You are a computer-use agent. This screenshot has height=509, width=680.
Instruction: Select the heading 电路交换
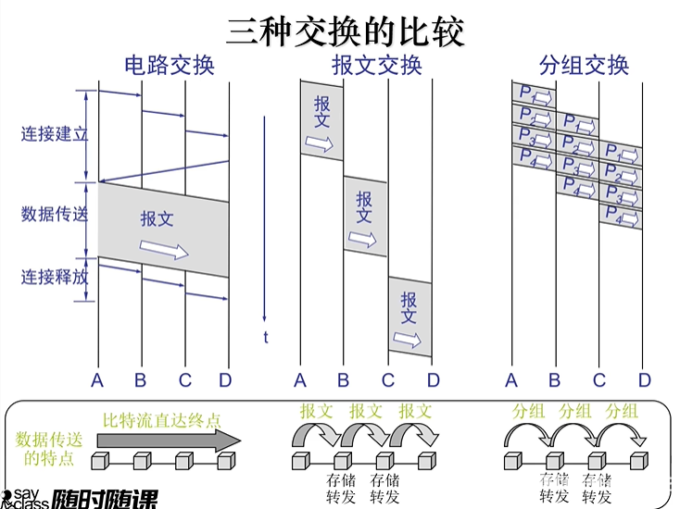coord(170,66)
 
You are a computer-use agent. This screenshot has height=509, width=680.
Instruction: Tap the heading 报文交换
coord(376,66)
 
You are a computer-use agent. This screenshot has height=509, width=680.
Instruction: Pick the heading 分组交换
coord(583,66)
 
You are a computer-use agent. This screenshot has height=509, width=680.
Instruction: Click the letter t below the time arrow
coord(265,337)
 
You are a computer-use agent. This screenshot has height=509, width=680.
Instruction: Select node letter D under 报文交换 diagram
coord(433,379)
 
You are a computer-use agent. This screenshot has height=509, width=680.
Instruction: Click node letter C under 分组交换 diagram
coord(599,379)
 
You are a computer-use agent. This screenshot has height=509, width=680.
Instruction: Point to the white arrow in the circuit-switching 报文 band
coord(164,249)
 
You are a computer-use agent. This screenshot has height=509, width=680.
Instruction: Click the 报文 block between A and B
coord(321,121)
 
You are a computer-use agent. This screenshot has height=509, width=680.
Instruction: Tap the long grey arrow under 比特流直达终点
coord(166,441)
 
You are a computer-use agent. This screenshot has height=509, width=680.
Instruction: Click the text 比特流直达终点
coord(162,420)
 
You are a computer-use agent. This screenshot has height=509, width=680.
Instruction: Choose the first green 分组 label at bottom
coord(528,411)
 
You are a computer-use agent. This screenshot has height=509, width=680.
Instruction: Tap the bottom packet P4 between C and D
coord(620,216)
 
